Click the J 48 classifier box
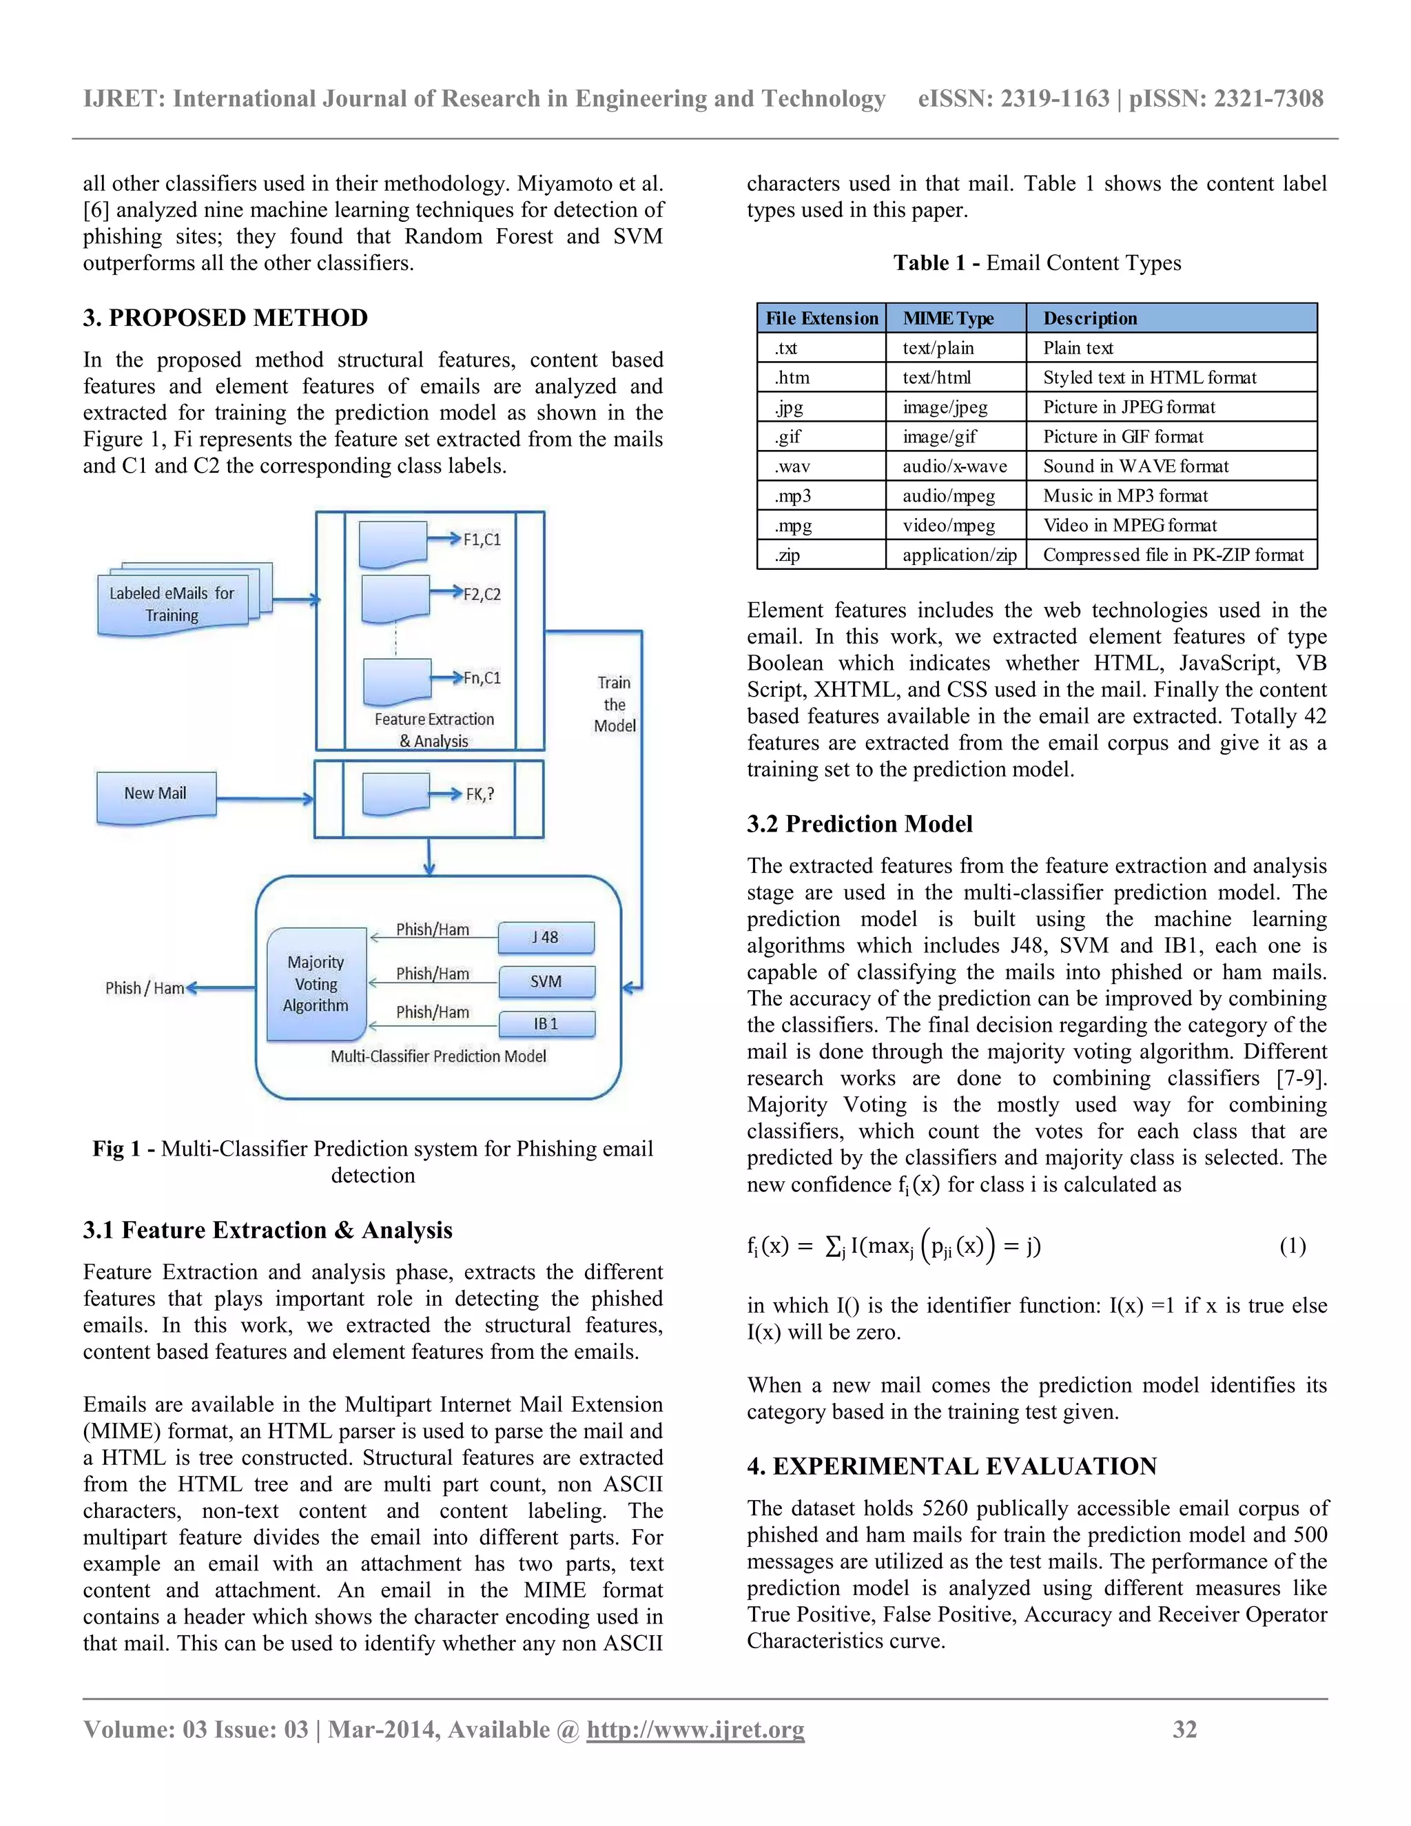pyautogui.click(x=546, y=937)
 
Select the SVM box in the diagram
pyautogui.click(x=546, y=981)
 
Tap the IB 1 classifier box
pyautogui.click(x=546, y=1023)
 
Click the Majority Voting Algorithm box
pyautogui.click(x=316, y=984)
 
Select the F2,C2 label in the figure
pyautogui.click(x=482, y=595)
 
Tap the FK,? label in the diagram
pyautogui.click(x=480, y=794)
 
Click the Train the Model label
pyautogui.click(x=615, y=704)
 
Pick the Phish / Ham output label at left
pyautogui.click(x=145, y=988)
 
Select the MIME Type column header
pyautogui.click(x=948, y=318)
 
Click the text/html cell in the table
pyautogui.click(x=936, y=378)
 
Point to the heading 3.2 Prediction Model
pyautogui.click(x=859, y=823)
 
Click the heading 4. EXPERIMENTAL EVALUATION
pyautogui.click(x=951, y=1466)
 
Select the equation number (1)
pyautogui.click(x=1292, y=1247)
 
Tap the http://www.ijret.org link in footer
pyautogui.click(x=694, y=1729)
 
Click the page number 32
pyautogui.click(x=1184, y=1729)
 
